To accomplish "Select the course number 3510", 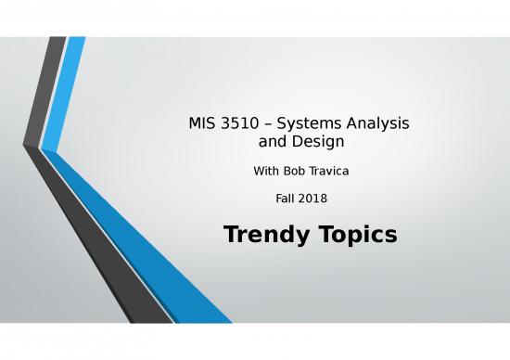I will point(234,123).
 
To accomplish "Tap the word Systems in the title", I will point(306,123).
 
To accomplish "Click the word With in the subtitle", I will point(268,172).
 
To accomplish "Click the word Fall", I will point(287,198).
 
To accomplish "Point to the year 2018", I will point(314,198).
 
